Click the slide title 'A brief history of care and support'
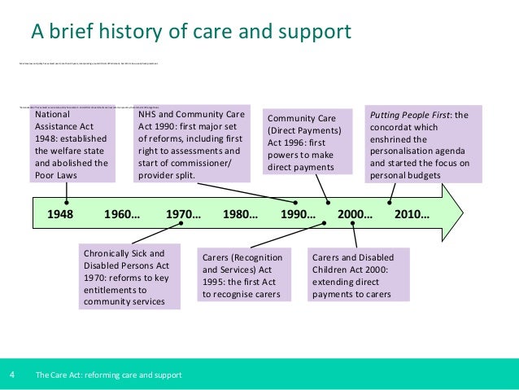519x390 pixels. (191, 32)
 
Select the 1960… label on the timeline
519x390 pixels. (123, 216)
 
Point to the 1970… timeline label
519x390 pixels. (183, 216)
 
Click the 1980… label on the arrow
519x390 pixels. (241, 216)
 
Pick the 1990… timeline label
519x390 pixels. (298, 216)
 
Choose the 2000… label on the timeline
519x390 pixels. (355, 216)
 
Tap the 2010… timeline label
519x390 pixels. (412, 216)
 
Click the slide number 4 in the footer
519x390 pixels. (12, 375)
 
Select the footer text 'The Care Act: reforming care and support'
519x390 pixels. (108, 375)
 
